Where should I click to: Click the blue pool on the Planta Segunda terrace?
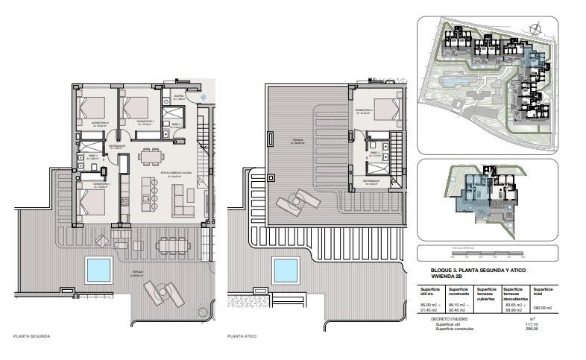(x=98, y=269)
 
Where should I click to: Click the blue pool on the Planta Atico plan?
(x=283, y=269)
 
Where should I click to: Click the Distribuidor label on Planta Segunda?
(x=116, y=146)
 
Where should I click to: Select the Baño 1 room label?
(x=92, y=157)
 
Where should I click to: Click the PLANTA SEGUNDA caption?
(x=32, y=336)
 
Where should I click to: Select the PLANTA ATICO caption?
(x=242, y=336)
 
